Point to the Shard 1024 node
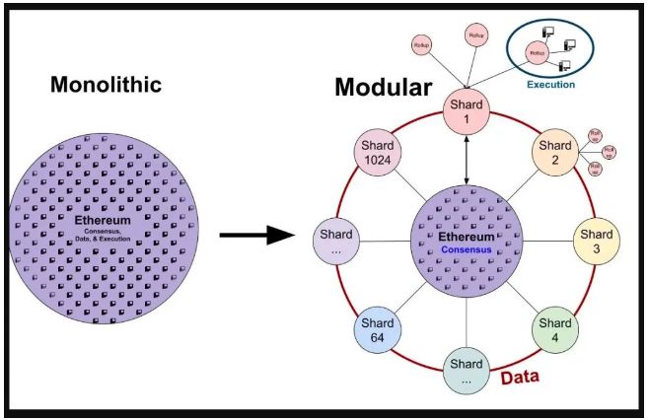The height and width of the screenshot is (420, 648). coord(376,154)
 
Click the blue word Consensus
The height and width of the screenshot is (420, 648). coord(466,250)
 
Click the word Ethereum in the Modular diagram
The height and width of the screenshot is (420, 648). coord(466,237)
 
